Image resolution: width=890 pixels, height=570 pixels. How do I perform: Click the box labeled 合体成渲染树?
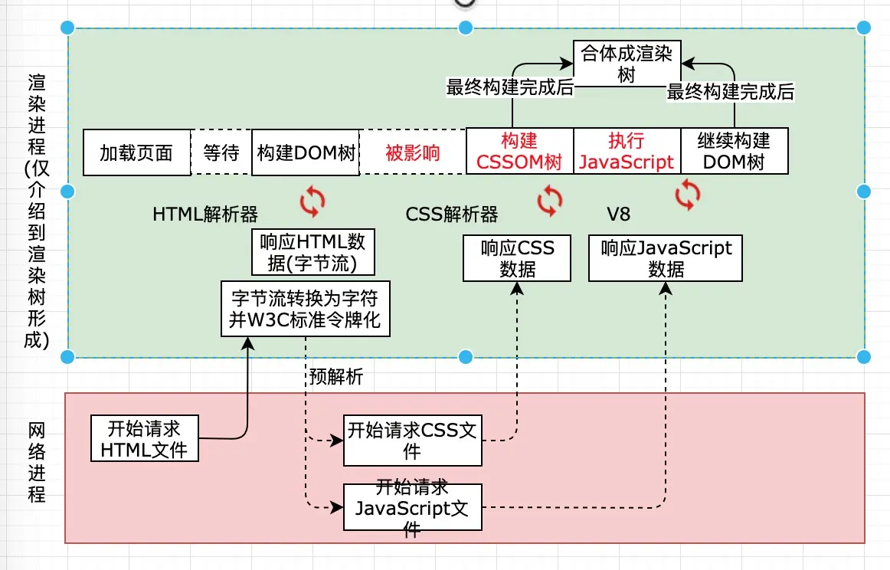[627, 64]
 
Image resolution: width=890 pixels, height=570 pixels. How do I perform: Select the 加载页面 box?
[137, 152]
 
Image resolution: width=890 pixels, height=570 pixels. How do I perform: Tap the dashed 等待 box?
[221, 152]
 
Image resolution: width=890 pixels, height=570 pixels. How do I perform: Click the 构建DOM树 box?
[306, 152]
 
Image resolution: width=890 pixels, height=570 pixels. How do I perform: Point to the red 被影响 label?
[413, 152]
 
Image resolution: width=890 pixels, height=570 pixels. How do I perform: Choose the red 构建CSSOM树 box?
[519, 150]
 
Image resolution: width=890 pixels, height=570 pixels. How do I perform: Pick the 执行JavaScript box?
[627, 150]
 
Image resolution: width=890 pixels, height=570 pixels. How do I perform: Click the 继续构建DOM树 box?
[734, 150]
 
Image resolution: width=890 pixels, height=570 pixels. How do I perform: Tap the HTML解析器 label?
[205, 214]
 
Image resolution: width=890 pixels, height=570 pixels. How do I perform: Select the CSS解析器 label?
[452, 214]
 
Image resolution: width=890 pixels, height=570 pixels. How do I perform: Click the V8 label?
[618, 214]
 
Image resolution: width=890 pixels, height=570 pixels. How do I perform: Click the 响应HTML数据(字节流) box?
[312, 252]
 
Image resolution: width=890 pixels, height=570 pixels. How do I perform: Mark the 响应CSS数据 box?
[517, 257]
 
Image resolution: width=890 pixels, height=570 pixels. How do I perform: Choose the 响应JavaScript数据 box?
[666, 257]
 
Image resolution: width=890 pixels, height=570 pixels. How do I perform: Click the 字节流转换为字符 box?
[306, 308]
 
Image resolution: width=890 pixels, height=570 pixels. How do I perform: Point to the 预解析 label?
[336, 376]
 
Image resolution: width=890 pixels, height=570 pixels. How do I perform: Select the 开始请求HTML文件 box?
[145, 437]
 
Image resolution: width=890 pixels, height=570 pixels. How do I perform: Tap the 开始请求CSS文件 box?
[413, 441]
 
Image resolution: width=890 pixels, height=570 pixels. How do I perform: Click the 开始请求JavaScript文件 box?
[413, 507]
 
